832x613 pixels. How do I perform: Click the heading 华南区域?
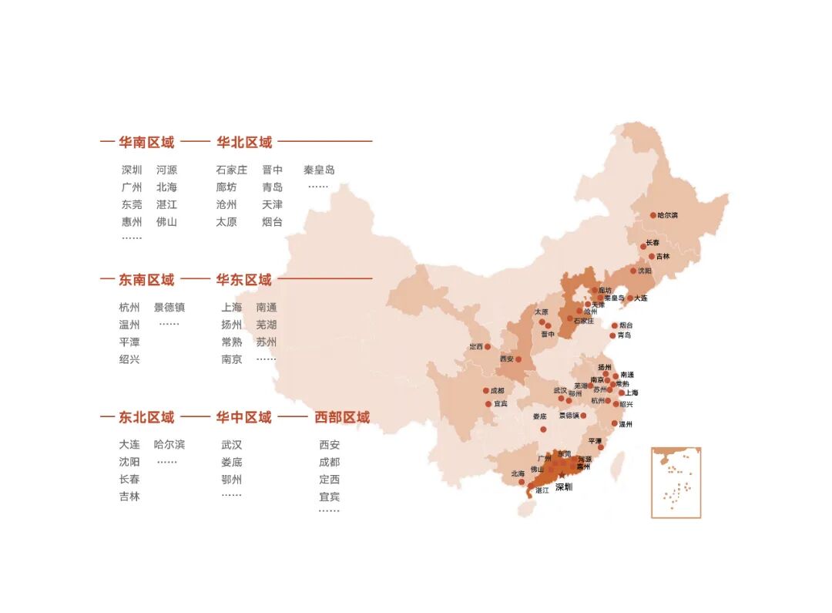pos(146,143)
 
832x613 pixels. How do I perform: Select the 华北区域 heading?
pos(244,143)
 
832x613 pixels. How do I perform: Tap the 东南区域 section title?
pos(146,280)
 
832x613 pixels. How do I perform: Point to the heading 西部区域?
pos(342,418)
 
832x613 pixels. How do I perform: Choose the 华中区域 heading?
pos(244,418)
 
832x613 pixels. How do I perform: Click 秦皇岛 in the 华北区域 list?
pos(319,170)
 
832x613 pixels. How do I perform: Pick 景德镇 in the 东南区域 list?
pos(169,308)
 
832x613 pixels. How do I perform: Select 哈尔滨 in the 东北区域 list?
pos(169,445)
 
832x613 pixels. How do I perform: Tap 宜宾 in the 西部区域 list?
pos(329,497)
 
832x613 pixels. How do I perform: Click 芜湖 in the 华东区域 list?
pos(267,325)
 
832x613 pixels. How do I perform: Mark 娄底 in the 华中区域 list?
pos(231,463)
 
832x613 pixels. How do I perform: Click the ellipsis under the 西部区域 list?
pos(329,511)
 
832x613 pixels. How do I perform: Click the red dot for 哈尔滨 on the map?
pos(653,216)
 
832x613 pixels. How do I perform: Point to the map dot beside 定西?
pos(488,347)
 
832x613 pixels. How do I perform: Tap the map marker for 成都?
pos(486,391)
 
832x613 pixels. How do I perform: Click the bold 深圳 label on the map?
pos(564,487)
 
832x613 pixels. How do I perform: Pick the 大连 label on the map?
pos(641,298)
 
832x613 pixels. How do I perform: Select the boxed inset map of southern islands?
pos(676,482)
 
